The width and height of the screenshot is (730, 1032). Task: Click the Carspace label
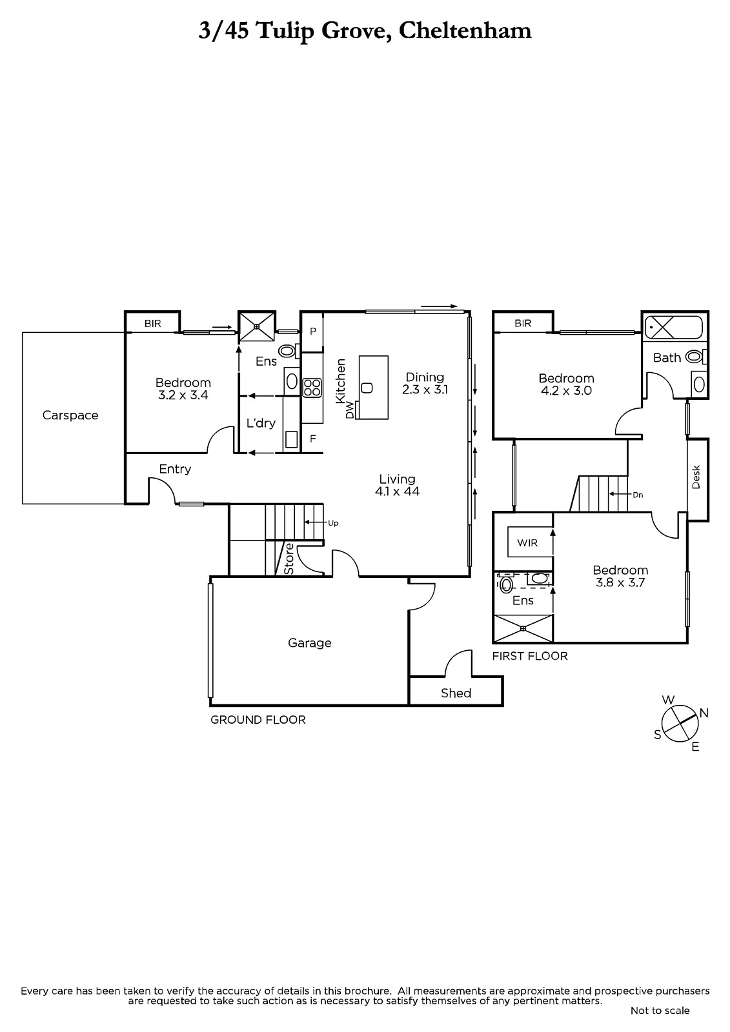(70, 415)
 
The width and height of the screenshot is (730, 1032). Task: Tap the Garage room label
(309, 642)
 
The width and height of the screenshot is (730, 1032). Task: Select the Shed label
(456, 693)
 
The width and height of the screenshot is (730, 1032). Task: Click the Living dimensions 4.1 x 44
(397, 491)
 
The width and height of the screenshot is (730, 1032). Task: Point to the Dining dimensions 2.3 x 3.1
(425, 390)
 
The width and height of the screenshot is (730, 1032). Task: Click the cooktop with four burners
(312, 388)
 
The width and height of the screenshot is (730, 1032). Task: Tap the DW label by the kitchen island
(350, 410)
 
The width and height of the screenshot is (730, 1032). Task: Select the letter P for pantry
(312, 332)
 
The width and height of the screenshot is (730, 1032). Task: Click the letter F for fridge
(312, 439)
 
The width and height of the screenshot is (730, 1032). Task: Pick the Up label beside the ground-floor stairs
(333, 523)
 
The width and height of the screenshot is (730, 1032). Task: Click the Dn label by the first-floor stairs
(638, 495)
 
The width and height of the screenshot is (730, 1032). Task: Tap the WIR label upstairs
(527, 542)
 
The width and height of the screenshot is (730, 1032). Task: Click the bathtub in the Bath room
(673, 328)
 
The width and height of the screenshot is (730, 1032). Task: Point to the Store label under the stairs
(289, 559)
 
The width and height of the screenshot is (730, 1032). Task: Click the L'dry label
(261, 423)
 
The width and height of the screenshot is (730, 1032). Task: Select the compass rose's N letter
(704, 713)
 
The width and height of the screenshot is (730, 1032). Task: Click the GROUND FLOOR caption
(258, 720)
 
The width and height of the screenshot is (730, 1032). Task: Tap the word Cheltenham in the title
(465, 32)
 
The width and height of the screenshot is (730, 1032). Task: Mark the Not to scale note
(660, 1010)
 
